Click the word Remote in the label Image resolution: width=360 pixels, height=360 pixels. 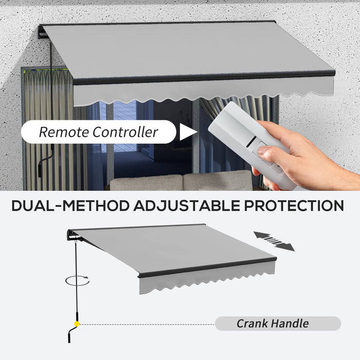[x=64, y=132]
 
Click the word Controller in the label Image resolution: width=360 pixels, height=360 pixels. [x=125, y=132]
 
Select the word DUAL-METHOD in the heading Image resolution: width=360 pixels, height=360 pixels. [x=71, y=206]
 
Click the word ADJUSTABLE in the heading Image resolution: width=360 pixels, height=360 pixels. [x=187, y=206]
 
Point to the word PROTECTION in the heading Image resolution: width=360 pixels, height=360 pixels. [x=294, y=206]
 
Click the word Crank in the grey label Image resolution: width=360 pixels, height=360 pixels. [x=252, y=323]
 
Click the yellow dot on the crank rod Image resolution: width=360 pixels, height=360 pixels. [x=77, y=324]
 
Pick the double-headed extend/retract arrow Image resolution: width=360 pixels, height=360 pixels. [x=274, y=241]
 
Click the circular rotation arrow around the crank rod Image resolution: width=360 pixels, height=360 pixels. [x=77, y=280]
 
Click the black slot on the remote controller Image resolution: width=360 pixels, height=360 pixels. [x=251, y=141]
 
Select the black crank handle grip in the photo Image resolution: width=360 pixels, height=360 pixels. [x=40, y=170]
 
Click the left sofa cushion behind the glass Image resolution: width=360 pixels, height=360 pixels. [x=146, y=183]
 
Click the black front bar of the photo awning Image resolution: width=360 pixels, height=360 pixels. [x=204, y=78]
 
